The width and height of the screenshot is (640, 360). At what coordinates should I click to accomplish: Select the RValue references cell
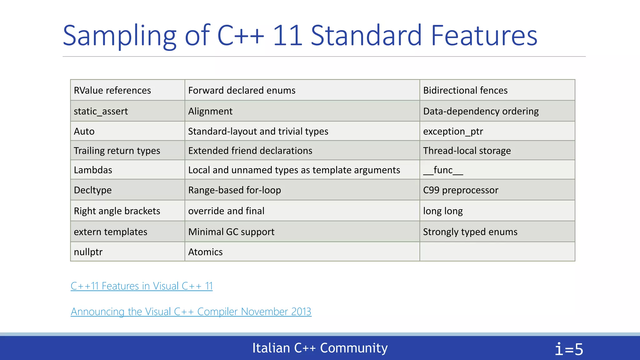click(x=112, y=90)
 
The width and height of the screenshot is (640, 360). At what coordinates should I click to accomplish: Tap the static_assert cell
click(x=101, y=111)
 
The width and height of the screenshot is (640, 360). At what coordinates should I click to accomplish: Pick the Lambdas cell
click(x=93, y=170)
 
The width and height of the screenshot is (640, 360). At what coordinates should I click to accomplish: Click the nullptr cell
click(x=88, y=252)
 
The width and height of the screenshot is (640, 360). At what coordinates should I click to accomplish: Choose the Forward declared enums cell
click(x=242, y=90)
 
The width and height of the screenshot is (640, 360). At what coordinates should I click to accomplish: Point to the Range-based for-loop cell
click(x=234, y=190)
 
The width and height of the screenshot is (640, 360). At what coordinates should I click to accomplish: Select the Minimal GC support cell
click(x=231, y=232)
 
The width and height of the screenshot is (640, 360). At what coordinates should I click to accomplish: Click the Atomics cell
click(x=205, y=252)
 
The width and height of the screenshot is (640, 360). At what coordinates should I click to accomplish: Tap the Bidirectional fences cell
click(x=465, y=90)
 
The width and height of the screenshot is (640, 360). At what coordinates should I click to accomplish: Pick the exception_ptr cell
click(x=453, y=131)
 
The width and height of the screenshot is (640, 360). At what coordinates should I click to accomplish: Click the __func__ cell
click(x=443, y=170)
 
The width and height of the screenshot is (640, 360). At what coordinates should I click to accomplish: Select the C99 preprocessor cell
click(x=461, y=190)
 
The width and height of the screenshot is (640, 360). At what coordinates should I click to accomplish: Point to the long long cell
click(x=443, y=211)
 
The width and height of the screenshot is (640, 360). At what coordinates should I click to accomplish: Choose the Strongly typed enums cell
click(x=470, y=232)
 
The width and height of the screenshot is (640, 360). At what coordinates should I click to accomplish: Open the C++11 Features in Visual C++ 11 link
click(x=142, y=286)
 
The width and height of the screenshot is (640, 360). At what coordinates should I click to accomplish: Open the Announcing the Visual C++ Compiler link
click(x=191, y=312)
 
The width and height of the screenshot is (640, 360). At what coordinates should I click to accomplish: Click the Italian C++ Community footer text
click(x=320, y=348)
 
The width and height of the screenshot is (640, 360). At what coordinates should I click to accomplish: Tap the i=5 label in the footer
click(x=569, y=349)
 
